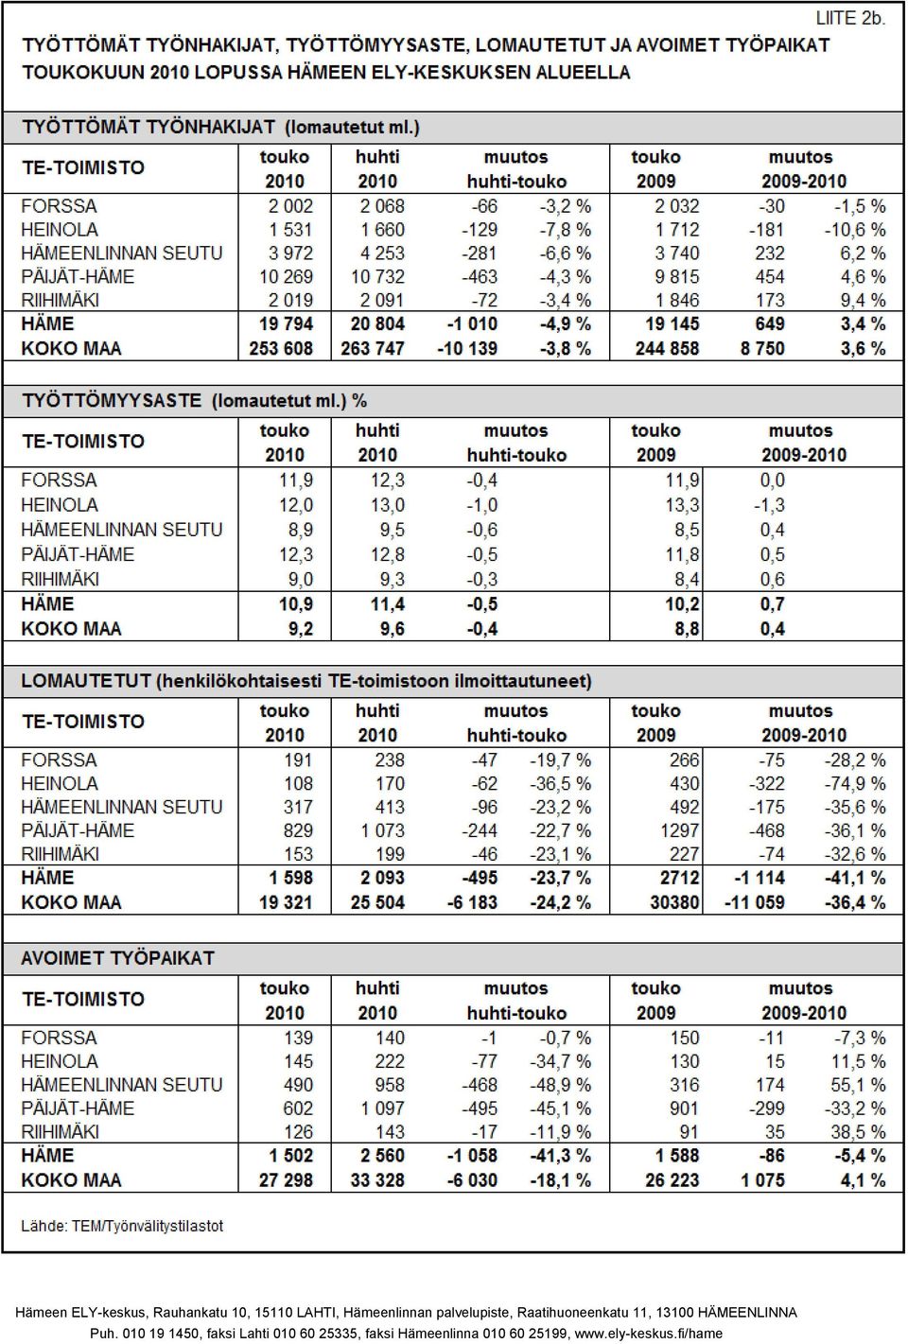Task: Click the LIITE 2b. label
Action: coord(850,19)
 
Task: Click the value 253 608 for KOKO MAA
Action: coord(281,348)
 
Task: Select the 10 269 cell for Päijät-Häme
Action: coord(286,276)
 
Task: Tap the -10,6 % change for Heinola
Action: coord(855,230)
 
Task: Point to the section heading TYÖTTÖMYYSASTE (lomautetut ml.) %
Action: coord(195,401)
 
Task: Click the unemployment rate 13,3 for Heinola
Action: coord(682,505)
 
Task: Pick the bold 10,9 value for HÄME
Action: coord(296,604)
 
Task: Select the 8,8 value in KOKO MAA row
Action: coord(687,629)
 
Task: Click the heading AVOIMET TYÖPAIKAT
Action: coord(117,958)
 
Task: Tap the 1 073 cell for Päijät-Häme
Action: coord(383,830)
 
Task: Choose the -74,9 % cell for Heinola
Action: coord(855,783)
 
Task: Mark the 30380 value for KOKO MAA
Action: coord(674,902)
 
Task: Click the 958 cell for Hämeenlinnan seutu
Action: coord(390,1085)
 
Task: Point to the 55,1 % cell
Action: coord(858,1085)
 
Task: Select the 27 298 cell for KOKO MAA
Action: coord(286,1180)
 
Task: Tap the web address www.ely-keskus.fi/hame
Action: coord(648,1334)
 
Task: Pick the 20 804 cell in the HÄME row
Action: coord(377,324)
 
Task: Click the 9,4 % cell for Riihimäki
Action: coord(863,300)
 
